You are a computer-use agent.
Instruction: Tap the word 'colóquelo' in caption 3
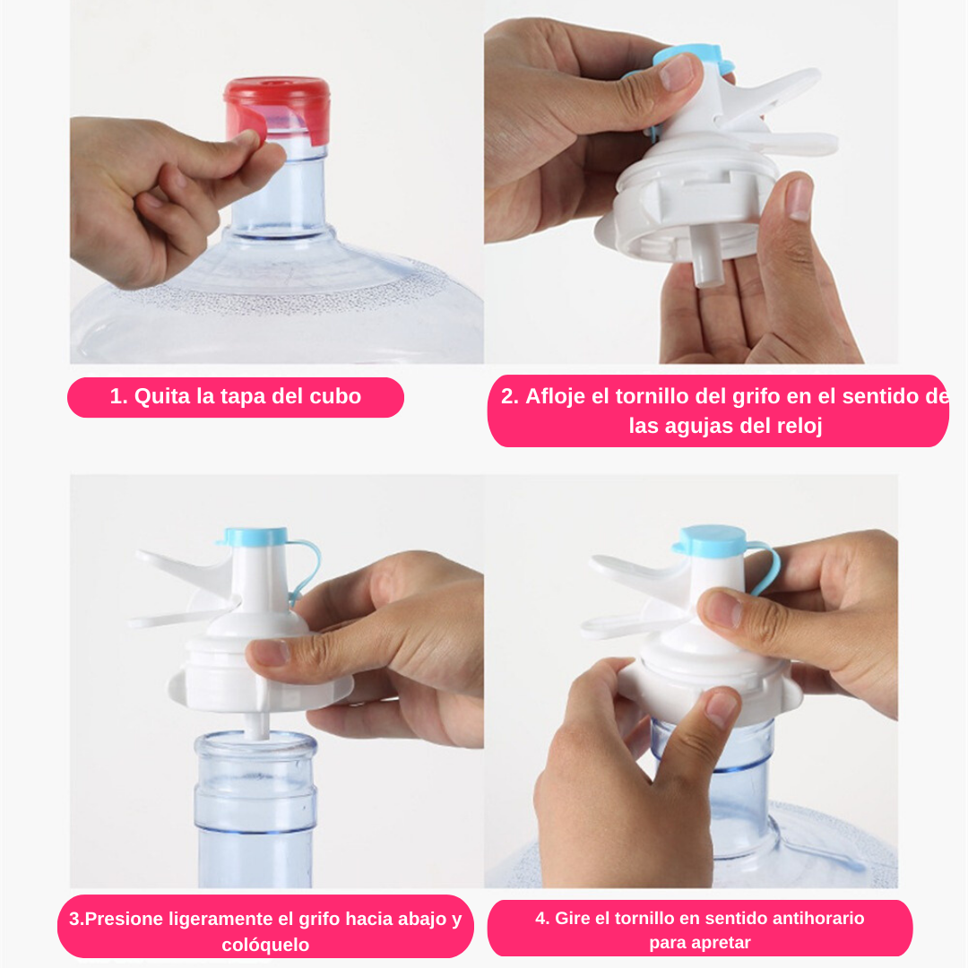tap(265, 945)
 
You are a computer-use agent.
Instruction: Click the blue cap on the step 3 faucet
tap(255, 537)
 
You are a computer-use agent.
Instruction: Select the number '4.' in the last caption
tap(542, 918)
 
